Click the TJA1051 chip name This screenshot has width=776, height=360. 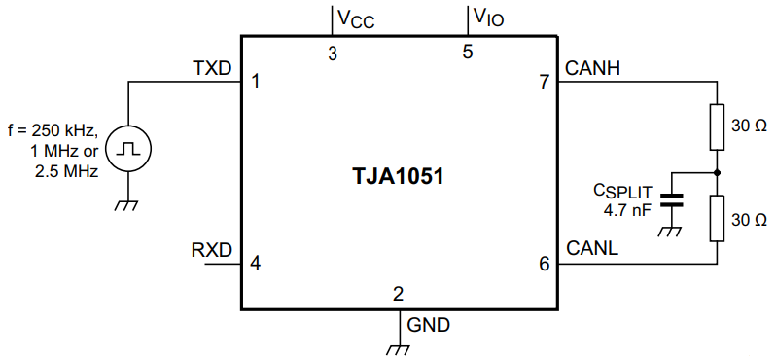(x=399, y=178)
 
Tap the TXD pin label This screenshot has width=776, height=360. (x=213, y=69)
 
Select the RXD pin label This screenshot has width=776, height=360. (x=213, y=250)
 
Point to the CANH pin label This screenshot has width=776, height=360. (x=593, y=69)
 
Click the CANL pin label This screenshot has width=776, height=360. (x=592, y=250)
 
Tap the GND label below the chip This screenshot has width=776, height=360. (x=429, y=325)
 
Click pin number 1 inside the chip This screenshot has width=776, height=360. (x=255, y=82)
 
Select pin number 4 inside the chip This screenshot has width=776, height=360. (x=255, y=263)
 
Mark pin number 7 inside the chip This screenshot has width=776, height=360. (x=544, y=82)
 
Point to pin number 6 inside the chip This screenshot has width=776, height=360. (x=544, y=263)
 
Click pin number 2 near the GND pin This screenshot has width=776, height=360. (x=398, y=294)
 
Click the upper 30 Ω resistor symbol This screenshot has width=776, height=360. (x=718, y=126)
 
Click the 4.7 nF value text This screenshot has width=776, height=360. (x=627, y=208)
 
